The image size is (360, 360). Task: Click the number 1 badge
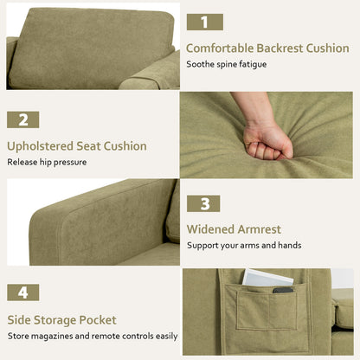pos(204,22)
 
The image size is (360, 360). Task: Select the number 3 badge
pos(204,205)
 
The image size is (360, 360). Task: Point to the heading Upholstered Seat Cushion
pos(77,146)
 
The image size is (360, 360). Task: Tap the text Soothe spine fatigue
pos(228,64)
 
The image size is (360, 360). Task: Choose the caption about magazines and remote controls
pos(93,335)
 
